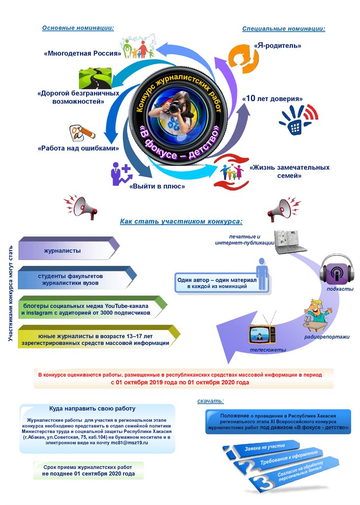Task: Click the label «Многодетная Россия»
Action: pos(82,53)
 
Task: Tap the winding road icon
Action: pos(97,78)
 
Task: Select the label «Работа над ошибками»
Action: pos(78,148)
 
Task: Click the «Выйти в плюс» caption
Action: pos(157,186)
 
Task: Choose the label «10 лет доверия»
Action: pos(272,99)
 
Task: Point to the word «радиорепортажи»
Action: pos(326,337)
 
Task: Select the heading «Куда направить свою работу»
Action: pos(92,409)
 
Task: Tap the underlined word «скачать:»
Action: pos(211,401)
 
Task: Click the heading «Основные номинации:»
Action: pos(78,28)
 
